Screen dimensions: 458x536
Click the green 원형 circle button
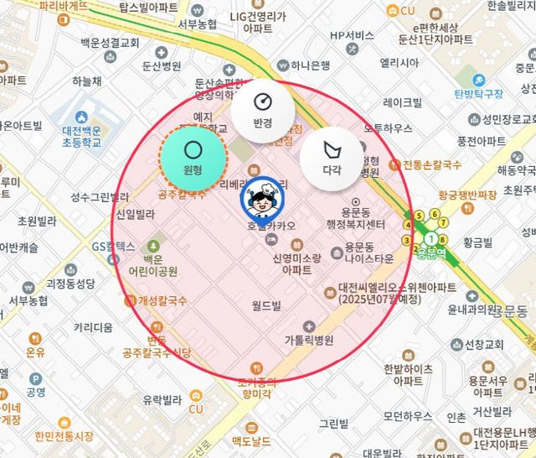click(193, 157)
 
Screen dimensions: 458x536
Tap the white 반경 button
click(263, 109)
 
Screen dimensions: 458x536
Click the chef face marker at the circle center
click(263, 200)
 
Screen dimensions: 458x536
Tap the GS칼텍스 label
click(114, 247)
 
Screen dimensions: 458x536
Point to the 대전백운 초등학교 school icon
click(81, 117)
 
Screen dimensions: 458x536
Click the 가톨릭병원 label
click(307, 341)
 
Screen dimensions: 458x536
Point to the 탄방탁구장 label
click(477, 93)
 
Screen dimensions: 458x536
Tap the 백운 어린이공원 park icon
click(153, 247)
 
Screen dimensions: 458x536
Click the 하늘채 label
click(86, 81)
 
